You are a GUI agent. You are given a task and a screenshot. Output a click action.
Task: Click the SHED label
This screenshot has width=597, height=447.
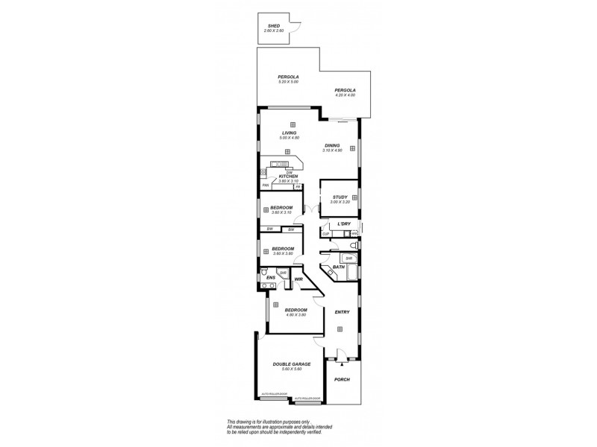tap(274, 26)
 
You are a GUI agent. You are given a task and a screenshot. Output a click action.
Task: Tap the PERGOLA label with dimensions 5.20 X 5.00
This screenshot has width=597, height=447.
tap(288, 77)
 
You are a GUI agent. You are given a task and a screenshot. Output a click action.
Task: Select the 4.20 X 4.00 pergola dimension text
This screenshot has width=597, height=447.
tap(345, 95)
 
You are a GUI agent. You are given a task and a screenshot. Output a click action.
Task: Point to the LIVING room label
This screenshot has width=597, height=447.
tap(289, 133)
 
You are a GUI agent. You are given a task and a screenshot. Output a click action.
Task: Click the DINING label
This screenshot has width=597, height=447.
tap(332, 145)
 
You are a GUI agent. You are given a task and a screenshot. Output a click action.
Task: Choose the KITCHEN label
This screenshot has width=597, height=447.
tap(288, 176)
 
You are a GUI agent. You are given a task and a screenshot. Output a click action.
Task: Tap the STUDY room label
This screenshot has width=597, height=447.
tap(340, 197)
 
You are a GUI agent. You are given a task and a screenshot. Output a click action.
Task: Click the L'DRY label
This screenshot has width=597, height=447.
tap(344, 223)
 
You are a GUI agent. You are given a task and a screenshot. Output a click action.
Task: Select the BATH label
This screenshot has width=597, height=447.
tap(338, 267)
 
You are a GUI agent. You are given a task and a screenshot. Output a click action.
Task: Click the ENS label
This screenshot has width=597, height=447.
tap(272, 278)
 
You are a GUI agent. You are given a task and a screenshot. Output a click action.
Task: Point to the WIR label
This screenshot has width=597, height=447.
tap(298, 279)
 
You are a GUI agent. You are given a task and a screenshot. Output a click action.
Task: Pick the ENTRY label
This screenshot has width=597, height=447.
tap(342, 312)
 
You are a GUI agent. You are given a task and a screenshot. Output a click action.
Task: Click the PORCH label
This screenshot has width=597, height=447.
tap(342, 379)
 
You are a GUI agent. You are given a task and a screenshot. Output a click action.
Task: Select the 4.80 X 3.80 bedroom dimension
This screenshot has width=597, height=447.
tap(296, 314)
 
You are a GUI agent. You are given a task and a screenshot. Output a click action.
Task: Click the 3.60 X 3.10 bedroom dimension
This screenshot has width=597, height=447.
tap(281, 212)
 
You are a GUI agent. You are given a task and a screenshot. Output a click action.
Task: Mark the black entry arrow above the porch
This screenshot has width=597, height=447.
tap(342, 365)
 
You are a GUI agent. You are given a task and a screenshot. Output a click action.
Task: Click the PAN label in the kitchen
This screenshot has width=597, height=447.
tap(265, 185)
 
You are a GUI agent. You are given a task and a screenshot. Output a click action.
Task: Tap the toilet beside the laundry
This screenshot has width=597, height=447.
tap(354, 244)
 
